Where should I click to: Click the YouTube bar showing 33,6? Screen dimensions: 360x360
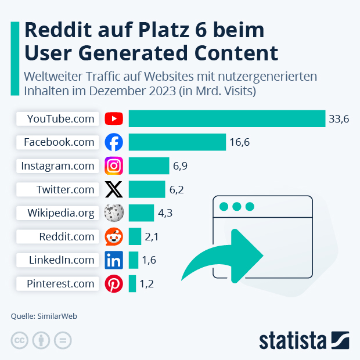coord(226,118)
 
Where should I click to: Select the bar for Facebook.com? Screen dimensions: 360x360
coord(177,142)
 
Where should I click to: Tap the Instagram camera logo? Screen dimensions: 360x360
coord(114,166)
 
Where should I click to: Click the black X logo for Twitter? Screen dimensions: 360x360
coord(114,189)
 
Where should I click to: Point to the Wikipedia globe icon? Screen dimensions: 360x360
coord(114,213)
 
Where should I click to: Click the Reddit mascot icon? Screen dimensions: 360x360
coord(114,236)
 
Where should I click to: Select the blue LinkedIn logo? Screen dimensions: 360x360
coord(114,260)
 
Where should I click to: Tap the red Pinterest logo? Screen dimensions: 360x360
coord(114,284)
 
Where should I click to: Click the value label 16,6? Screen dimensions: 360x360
coord(239,142)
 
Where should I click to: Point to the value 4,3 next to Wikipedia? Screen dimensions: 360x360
coord(165,213)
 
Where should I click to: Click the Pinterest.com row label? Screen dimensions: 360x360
coord(60,284)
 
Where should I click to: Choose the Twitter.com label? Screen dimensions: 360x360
coord(65,189)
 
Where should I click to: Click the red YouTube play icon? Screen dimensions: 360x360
coord(114,118)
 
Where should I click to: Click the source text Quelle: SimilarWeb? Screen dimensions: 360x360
coord(44,316)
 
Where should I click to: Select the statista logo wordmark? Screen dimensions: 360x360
coord(293,340)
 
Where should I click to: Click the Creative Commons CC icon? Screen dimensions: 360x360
coord(20,341)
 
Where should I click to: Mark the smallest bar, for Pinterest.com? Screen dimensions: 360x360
coord(132,284)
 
